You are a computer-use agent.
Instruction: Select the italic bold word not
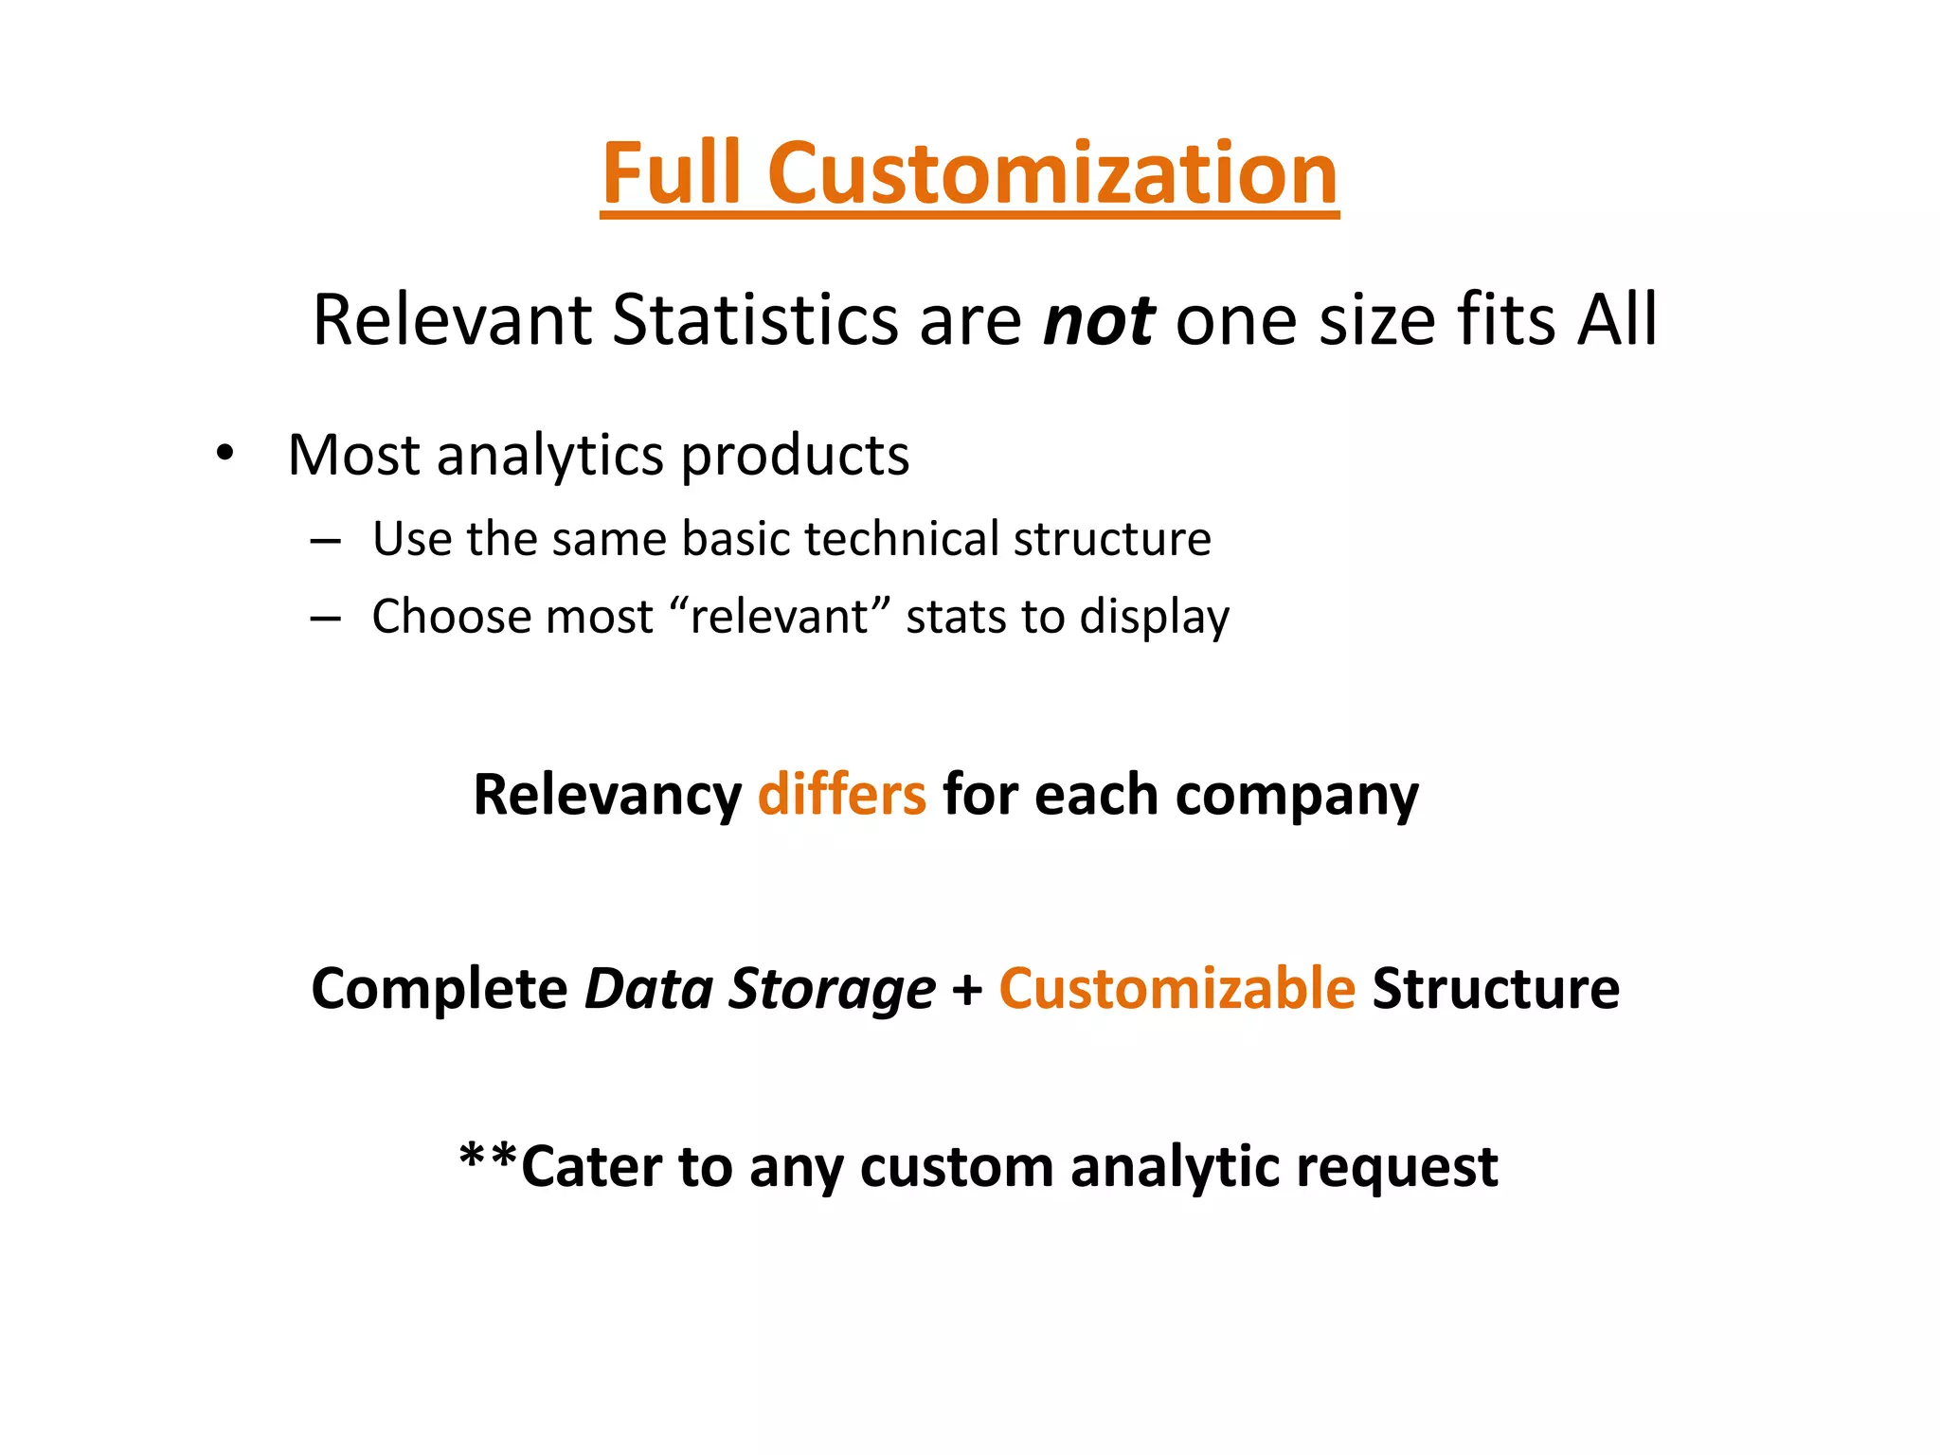[1098, 320]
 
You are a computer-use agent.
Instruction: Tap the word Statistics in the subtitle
[755, 320]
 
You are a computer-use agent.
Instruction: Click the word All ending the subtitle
[1617, 320]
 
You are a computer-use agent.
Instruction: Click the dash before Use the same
[325, 542]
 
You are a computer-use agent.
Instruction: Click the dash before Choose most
[325, 620]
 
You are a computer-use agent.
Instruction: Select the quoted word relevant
[779, 618]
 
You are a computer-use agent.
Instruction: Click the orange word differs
[841, 795]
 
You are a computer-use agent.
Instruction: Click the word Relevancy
[607, 796]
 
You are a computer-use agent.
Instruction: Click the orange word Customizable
[1177, 989]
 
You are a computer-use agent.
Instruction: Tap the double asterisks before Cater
[488, 1158]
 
